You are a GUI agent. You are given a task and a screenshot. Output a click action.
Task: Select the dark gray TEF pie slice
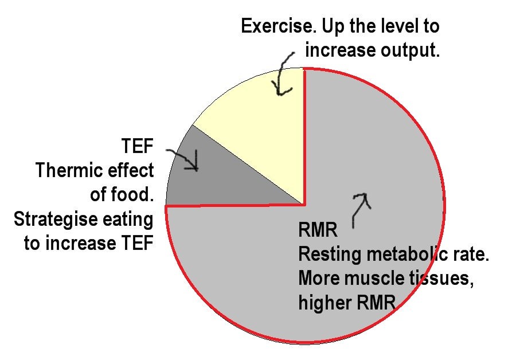click(x=210, y=178)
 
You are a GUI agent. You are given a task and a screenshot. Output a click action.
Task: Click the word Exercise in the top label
click(x=279, y=26)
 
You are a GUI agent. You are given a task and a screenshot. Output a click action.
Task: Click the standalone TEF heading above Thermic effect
click(x=138, y=146)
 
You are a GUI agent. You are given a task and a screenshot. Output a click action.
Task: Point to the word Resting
click(x=330, y=255)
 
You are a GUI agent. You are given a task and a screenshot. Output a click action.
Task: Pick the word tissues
click(x=441, y=279)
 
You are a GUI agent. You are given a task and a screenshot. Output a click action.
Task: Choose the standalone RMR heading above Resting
click(x=318, y=230)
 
